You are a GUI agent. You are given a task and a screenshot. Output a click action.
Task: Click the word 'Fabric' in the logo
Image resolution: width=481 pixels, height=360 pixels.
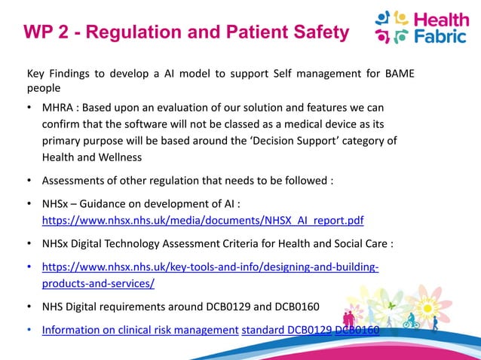(441, 35)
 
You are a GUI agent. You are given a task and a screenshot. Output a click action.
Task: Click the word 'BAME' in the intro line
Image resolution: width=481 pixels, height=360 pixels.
(397, 73)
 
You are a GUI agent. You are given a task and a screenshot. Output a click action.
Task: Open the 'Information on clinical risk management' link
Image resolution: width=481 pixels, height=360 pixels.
(139, 329)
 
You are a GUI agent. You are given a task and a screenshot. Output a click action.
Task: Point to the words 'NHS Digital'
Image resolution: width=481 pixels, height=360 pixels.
(72, 307)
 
